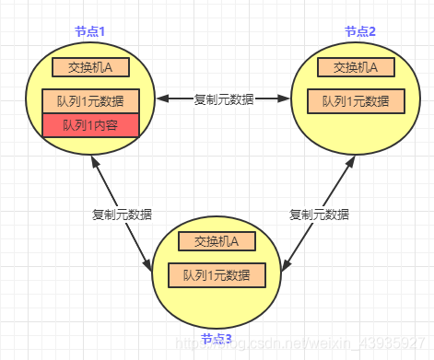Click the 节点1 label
(x=90, y=30)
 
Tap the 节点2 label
(x=360, y=30)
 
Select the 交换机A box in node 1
(x=90, y=66)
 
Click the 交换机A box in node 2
(x=356, y=66)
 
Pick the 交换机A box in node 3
(x=217, y=242)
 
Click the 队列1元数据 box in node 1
(x=90, y=100)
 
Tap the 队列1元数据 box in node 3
(x=217, y=274)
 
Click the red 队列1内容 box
(x=90, y=125)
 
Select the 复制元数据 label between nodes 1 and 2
(x=223, y=98)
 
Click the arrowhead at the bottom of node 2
(x=350, y=162)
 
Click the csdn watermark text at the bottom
(x=304, y=343)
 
